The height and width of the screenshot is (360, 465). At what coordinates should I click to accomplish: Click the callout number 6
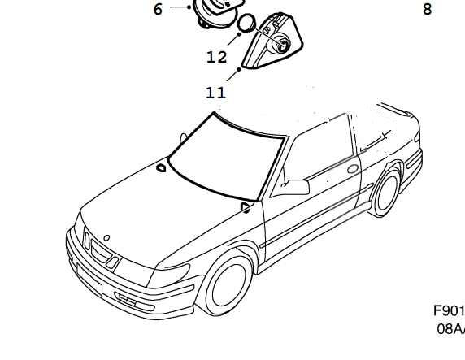(x=158, y=9)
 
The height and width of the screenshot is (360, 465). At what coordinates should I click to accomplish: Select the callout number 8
(x=427, y=9)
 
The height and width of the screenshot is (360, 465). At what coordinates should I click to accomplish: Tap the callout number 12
(x=217, y=57)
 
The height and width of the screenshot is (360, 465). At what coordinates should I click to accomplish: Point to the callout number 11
(x=216, y=93)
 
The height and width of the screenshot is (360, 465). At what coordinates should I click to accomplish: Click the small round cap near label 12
(x=246, y=23)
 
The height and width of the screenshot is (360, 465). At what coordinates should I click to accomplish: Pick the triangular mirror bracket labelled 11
(x=272, y=41)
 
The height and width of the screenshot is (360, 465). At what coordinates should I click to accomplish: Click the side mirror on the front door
(x=296, y=187)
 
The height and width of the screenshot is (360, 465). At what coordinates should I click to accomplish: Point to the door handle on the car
(x=353, y=169)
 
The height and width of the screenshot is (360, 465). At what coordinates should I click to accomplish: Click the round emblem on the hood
(x=106, y=237)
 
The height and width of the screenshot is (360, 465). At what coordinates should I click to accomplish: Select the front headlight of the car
(x=169, y=275)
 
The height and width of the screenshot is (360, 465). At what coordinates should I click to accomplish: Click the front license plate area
(x=89, y=279)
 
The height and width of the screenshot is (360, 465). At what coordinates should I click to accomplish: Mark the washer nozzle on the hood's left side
(x=161, y=168)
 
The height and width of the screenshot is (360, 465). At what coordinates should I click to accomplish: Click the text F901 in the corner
(x=449, y=310)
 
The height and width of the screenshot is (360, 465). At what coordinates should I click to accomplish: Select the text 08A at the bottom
(x=450, y=328)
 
